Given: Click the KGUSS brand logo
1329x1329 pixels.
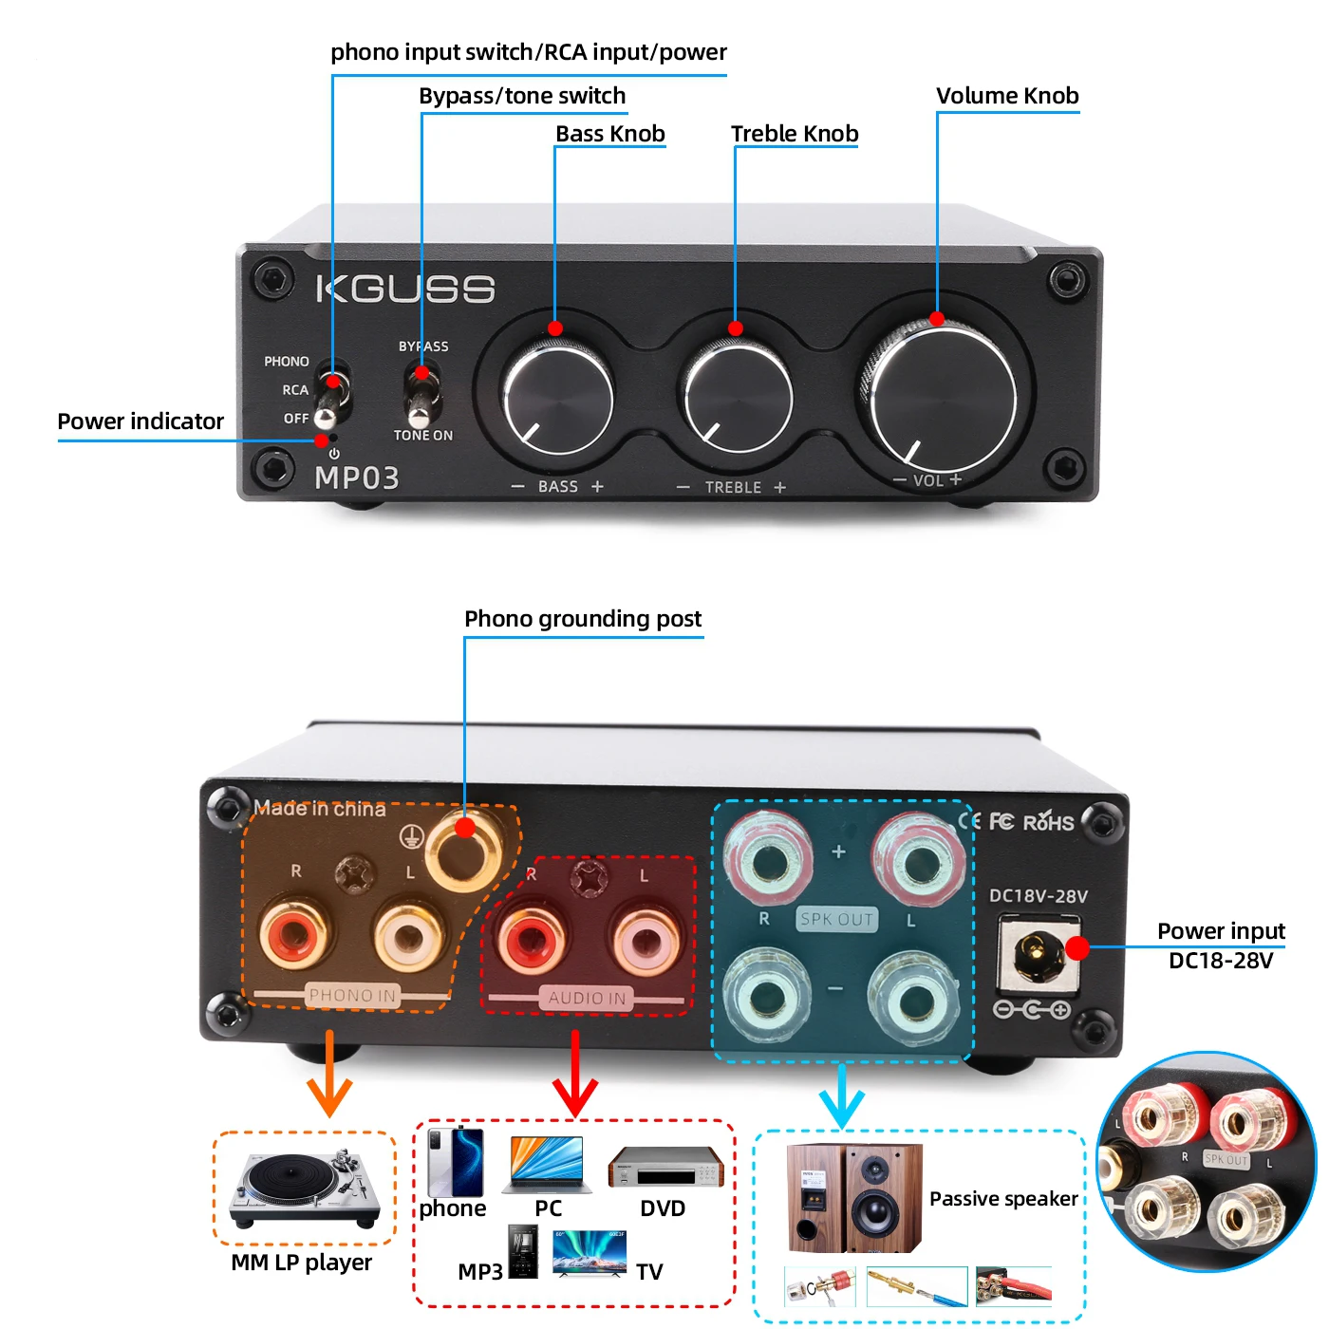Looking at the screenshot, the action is coord(405,289).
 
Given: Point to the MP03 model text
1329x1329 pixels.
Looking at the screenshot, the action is coord(357,477).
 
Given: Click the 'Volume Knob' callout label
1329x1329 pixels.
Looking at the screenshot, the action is coord(1007,96).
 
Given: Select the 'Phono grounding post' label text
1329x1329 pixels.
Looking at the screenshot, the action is coord(583,619).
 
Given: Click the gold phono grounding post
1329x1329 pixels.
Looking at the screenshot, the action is coord(464,847).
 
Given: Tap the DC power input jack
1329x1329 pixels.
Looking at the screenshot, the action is coord(1038,953).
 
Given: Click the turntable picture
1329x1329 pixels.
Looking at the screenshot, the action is coord(304,1190).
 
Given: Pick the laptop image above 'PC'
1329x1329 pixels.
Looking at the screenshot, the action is coord(547,1165).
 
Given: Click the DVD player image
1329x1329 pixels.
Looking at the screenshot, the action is coord(665,1167).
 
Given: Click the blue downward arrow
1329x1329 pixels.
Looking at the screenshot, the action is coord(842,1096).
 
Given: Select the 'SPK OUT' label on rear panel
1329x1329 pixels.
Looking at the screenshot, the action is coord(836,919).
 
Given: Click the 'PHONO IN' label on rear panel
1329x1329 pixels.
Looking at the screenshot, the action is coord(352,995).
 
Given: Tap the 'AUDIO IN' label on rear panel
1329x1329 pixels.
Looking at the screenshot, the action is coord(587,998).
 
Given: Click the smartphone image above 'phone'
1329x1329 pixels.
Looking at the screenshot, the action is coord(456,1162).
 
